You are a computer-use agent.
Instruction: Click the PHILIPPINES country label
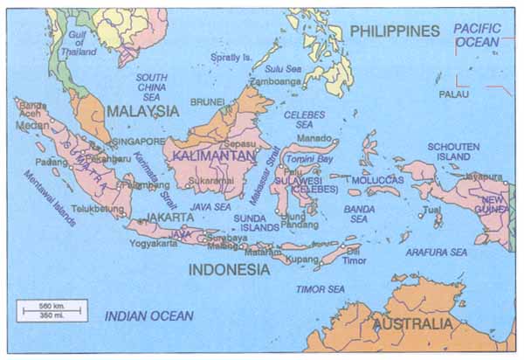point(395,31)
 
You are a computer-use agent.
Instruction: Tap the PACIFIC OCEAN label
point(477,35)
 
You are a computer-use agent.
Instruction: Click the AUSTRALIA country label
point(413,324)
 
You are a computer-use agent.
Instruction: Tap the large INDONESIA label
point(230,269)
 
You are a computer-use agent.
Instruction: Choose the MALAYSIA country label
point(142,111)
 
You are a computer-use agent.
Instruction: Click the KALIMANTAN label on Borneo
point(213,155)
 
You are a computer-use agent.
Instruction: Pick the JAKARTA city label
point(170,216)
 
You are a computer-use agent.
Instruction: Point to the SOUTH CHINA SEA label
point(152,87)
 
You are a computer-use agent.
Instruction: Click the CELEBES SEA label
point(304,120)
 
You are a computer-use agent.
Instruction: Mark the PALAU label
point(453,93)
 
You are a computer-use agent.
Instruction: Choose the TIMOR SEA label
point(321,288)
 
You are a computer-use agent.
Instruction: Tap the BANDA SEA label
point(359,214)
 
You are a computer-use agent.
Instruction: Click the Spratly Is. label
point(232,58)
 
